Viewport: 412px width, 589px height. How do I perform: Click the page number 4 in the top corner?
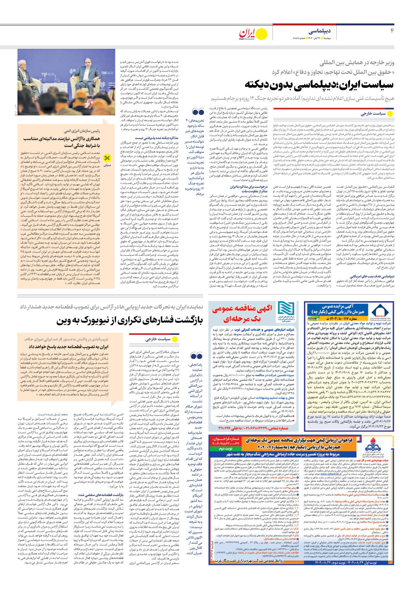pos(392,31)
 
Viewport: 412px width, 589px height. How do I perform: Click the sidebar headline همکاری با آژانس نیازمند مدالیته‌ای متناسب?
pos(61,142)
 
